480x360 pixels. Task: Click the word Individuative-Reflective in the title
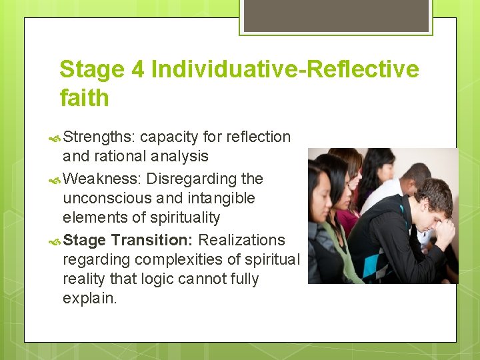point(285,69)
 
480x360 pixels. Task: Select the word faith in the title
point(84,98)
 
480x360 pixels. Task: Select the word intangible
point(223,198)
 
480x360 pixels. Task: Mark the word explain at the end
point(89,298)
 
